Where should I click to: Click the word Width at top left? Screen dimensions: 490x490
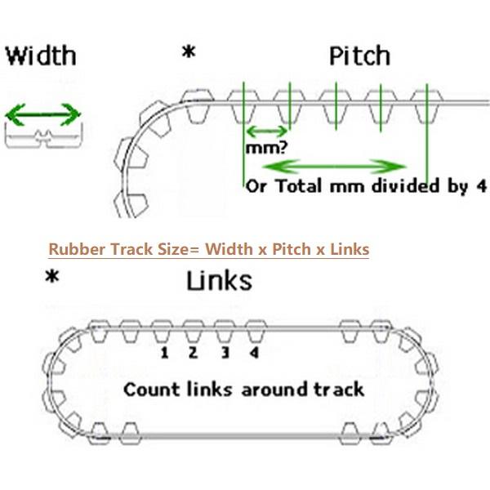pyautogui.click(x=40, y=56)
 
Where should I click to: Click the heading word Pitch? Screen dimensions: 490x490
pyautogui.click(x=359, y=56)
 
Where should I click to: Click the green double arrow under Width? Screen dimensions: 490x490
pyautogui.click(x=42, y=114)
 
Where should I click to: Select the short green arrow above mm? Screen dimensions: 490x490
pyautogui.click(x=266, y=131)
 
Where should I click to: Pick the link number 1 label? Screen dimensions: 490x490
pyautogui.click(x=164, y=353)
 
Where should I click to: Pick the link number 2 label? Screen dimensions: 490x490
pyautogui.click(x=193, y=353)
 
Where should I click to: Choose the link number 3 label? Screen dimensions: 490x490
pyautogui.click(x=224, y=353)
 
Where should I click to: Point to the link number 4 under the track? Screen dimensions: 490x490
pyautogui.click(x=254, y=353)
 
